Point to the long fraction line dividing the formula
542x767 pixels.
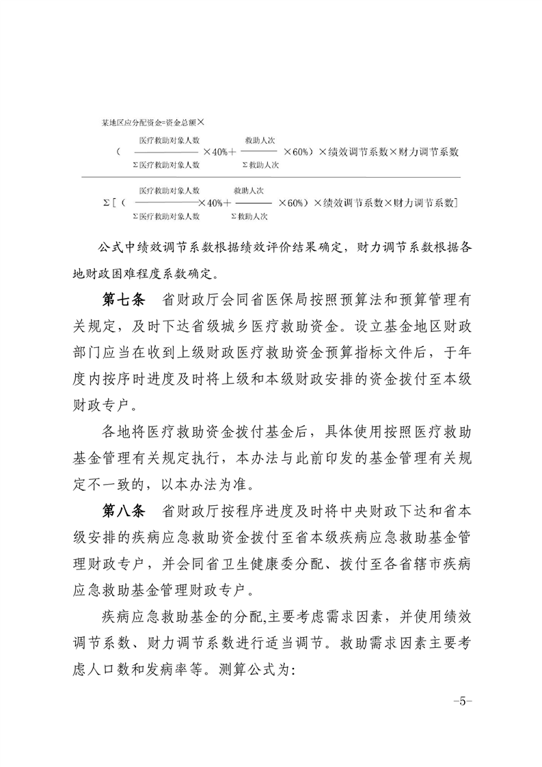271,176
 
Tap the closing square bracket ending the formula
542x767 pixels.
456,203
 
